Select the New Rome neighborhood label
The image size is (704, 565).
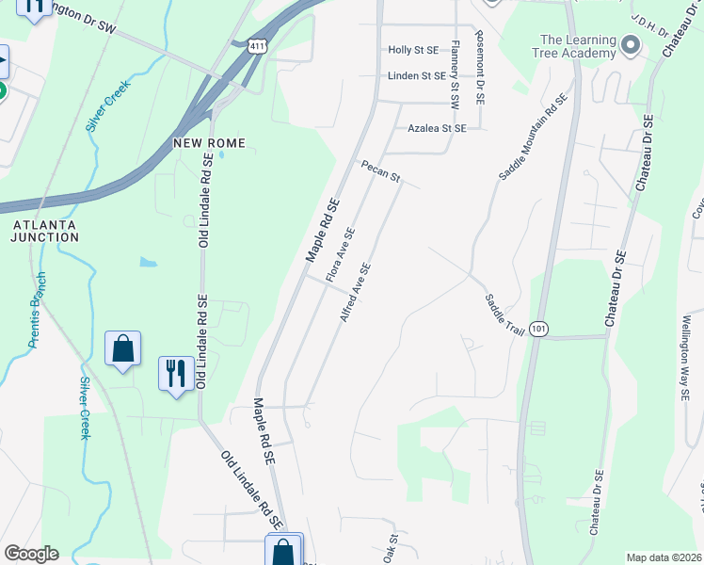tap(209, 143)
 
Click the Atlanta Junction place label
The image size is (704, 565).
tap(45, 231)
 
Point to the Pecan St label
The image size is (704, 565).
tap(381, 170)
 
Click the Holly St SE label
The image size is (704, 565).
tap(413, 50)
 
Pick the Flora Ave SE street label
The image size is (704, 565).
tap(340, 255)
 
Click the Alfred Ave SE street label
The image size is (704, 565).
tap(355, 293)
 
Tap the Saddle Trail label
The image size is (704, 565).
tap(504, 313)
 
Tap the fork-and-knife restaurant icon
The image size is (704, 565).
tap(175, 375)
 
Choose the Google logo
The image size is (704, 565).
tap(31, 554)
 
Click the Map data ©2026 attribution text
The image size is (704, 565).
tap(664, 557)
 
